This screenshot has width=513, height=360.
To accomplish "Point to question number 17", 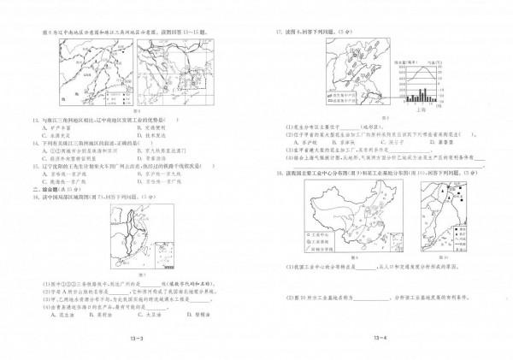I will [278, 32].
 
